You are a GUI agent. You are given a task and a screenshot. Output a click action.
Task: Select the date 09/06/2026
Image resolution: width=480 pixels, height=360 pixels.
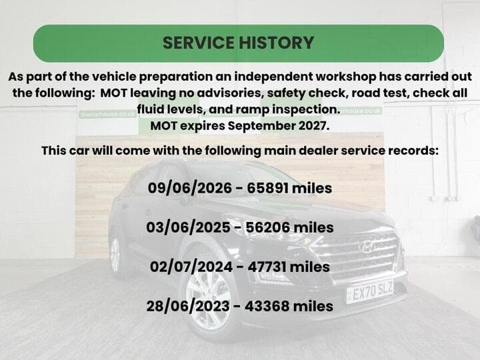pos(190,188)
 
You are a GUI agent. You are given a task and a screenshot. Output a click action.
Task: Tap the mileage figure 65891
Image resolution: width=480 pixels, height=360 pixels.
pos(267,188)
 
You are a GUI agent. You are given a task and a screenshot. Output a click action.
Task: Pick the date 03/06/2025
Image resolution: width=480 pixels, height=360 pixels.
pos(188,227)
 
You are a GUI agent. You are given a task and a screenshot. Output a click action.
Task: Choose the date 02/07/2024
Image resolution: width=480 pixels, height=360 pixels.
pos(191,267)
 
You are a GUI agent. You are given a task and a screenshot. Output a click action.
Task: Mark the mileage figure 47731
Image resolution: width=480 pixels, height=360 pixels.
pos(267,267)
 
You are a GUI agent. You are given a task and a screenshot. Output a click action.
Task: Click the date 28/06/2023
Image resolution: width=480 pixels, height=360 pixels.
pos(188,306)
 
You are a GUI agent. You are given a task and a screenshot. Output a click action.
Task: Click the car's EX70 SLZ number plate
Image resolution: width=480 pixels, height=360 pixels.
pos(370,291)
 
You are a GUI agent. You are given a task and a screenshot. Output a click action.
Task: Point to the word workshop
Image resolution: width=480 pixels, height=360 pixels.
pos(345,77)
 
